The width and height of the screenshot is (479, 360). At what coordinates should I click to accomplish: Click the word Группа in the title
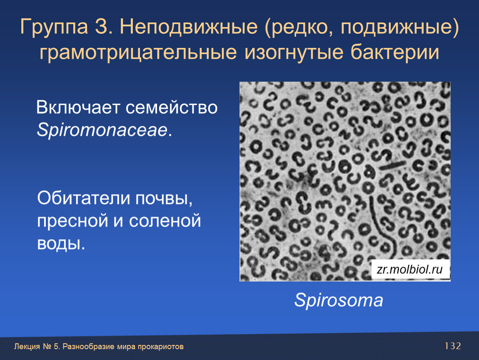[54, 27]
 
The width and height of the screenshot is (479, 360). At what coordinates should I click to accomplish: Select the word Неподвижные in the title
[189, 27]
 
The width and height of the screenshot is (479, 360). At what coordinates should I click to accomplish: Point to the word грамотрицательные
[138, 52]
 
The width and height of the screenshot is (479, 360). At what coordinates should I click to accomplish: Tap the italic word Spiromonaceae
[102, 130]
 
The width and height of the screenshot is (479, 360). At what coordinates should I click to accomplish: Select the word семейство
[171, 107]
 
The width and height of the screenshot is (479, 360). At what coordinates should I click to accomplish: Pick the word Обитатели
[84, 198]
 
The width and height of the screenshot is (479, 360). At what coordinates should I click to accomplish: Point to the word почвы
[164, 199]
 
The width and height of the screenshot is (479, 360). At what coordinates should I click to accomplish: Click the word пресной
[72, 221]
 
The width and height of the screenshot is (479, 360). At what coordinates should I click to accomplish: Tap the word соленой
[165, 221]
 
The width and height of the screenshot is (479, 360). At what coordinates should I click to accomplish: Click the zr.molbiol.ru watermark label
[410, 269]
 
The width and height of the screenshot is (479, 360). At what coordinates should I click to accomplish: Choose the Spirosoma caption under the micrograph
[339, 300]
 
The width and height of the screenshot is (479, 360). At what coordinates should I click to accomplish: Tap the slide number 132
[453, 346]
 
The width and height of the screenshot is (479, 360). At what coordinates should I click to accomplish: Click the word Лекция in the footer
[27, 347]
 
